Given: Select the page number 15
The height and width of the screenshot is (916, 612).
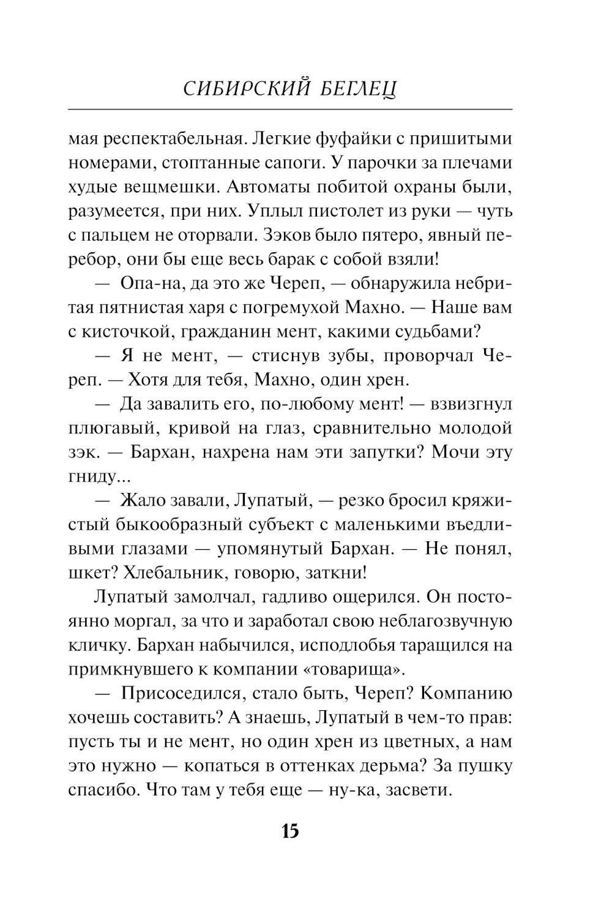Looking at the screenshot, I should click(x=289, y=831).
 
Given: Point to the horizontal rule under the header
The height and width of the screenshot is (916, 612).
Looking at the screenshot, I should click(x=290, y=110).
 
